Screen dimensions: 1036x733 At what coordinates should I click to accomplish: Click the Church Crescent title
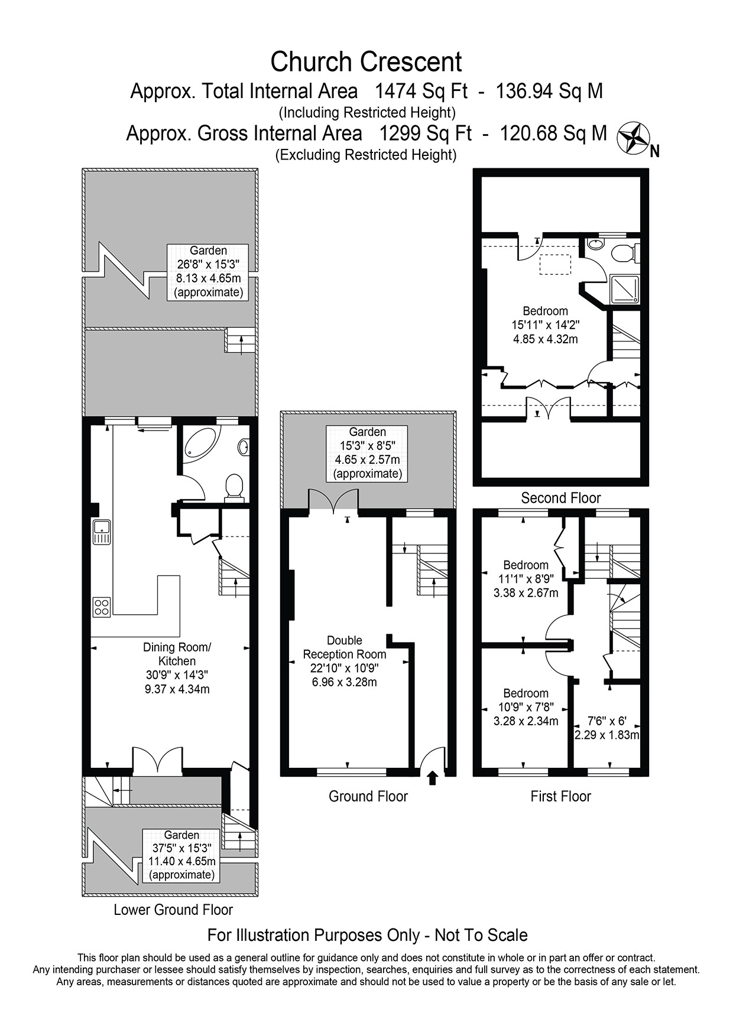[x=366, y=61]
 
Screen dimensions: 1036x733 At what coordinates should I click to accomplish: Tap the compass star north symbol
[x=633, y=138]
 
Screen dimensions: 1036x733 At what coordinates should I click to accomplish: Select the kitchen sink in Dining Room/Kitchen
[x=101, y=532]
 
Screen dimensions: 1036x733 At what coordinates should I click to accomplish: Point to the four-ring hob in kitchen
[x=101, y=607]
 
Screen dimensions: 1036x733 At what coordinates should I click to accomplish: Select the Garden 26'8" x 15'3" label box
[x=207, y=272]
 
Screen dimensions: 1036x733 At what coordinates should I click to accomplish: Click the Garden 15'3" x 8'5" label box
[x=367, y=453]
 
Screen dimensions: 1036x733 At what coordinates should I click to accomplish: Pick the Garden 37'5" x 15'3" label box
[x=181, y=855]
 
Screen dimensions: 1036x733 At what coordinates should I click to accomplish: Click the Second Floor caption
[x=560, y=498]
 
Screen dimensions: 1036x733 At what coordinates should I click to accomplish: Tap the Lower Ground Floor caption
[x=173, y=910]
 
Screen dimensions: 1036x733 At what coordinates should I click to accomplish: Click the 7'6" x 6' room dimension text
[x=607, y=728]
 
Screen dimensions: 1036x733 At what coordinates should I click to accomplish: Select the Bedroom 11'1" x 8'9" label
[x=526, y=578]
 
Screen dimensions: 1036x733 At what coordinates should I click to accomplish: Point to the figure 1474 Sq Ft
[x=421, y=91]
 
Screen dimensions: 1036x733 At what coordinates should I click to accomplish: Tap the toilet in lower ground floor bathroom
[x=235, y=487]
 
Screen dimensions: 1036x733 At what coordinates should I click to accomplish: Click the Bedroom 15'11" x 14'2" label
[x=545, y=325]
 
